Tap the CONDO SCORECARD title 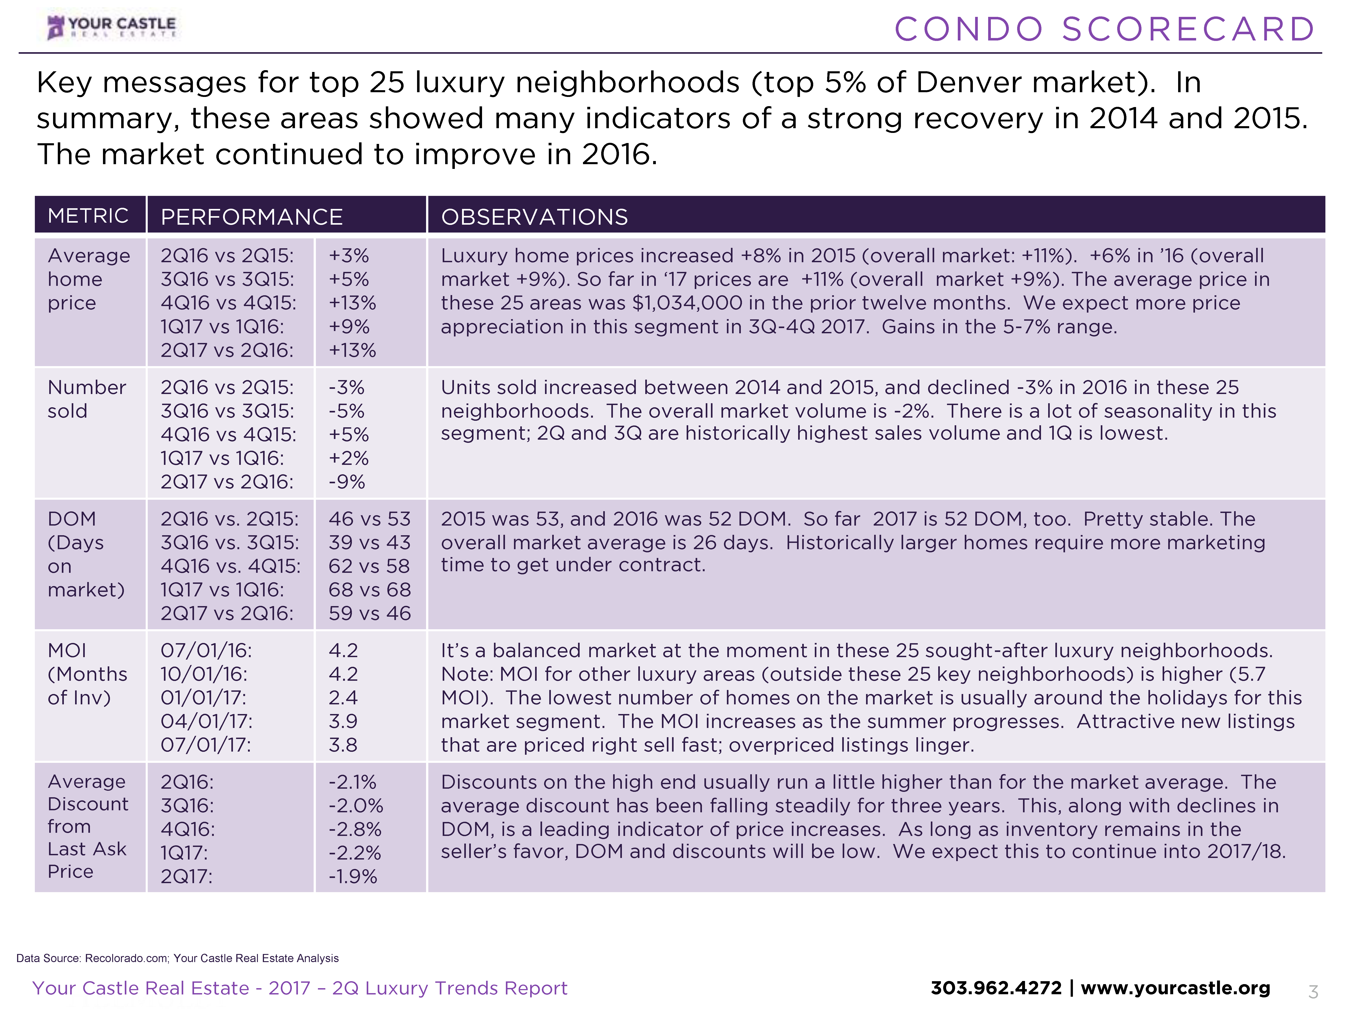click(x=1104, y=29)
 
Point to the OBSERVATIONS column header click(x=534, y=217)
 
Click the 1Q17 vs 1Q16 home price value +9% click(x=349, y=326)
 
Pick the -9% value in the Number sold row click(x=346, y=482)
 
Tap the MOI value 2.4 click(x=343, y=697)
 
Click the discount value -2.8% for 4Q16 click(x=355, y=829)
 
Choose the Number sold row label click(x=87, y=399)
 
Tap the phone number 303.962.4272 click(x=996, y=988)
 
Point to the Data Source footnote click(x=177, y=958)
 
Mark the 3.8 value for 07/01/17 click(x=343, y=745)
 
